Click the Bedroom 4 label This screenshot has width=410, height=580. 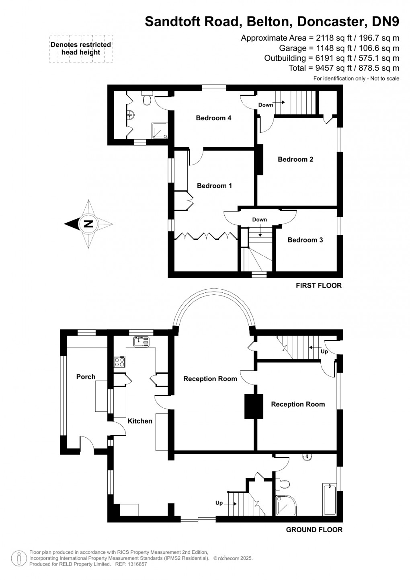click(213, 118)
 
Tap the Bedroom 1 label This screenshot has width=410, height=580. click(214, 186)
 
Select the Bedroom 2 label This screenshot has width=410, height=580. click(295, 159)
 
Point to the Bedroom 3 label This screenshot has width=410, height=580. click(305, 240)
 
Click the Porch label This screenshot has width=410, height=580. click(86, 377)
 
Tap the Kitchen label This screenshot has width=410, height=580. click(140, 421)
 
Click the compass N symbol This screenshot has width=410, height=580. click(88, 224)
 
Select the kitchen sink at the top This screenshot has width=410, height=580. click(141, 341)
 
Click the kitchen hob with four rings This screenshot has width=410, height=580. click(120, 362)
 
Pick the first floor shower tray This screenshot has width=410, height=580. click(160, 131)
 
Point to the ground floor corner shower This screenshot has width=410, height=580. click(286, 506)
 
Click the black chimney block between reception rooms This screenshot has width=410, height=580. click(253, 406)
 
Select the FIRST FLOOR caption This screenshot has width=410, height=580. click(318, 286)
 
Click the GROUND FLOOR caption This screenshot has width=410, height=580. click(314, 530)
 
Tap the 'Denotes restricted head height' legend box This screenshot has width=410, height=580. click(81, 48)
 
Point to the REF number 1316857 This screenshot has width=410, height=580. click(137, 564)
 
